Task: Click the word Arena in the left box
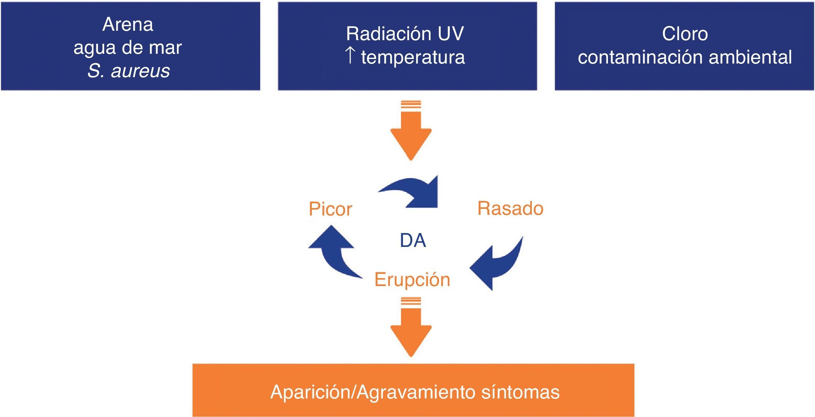click(128, 24)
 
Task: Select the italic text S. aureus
click(129, 71)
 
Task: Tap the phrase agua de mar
click(127, 47)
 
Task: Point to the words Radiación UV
click(405, 34)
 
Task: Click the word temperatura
click(413, 57)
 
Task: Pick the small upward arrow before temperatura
click(350, 56)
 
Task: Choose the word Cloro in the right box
click(685, 34)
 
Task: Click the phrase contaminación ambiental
click(684, 57)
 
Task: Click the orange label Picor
click(330, 209)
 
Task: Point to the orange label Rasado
click(510, 208)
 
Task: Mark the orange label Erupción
click(412, 279)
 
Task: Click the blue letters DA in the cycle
click(413, 240)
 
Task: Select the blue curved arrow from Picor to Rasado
click(416, 193)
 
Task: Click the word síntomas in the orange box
click(520, 392)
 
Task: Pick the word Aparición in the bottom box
click(311, 392)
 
